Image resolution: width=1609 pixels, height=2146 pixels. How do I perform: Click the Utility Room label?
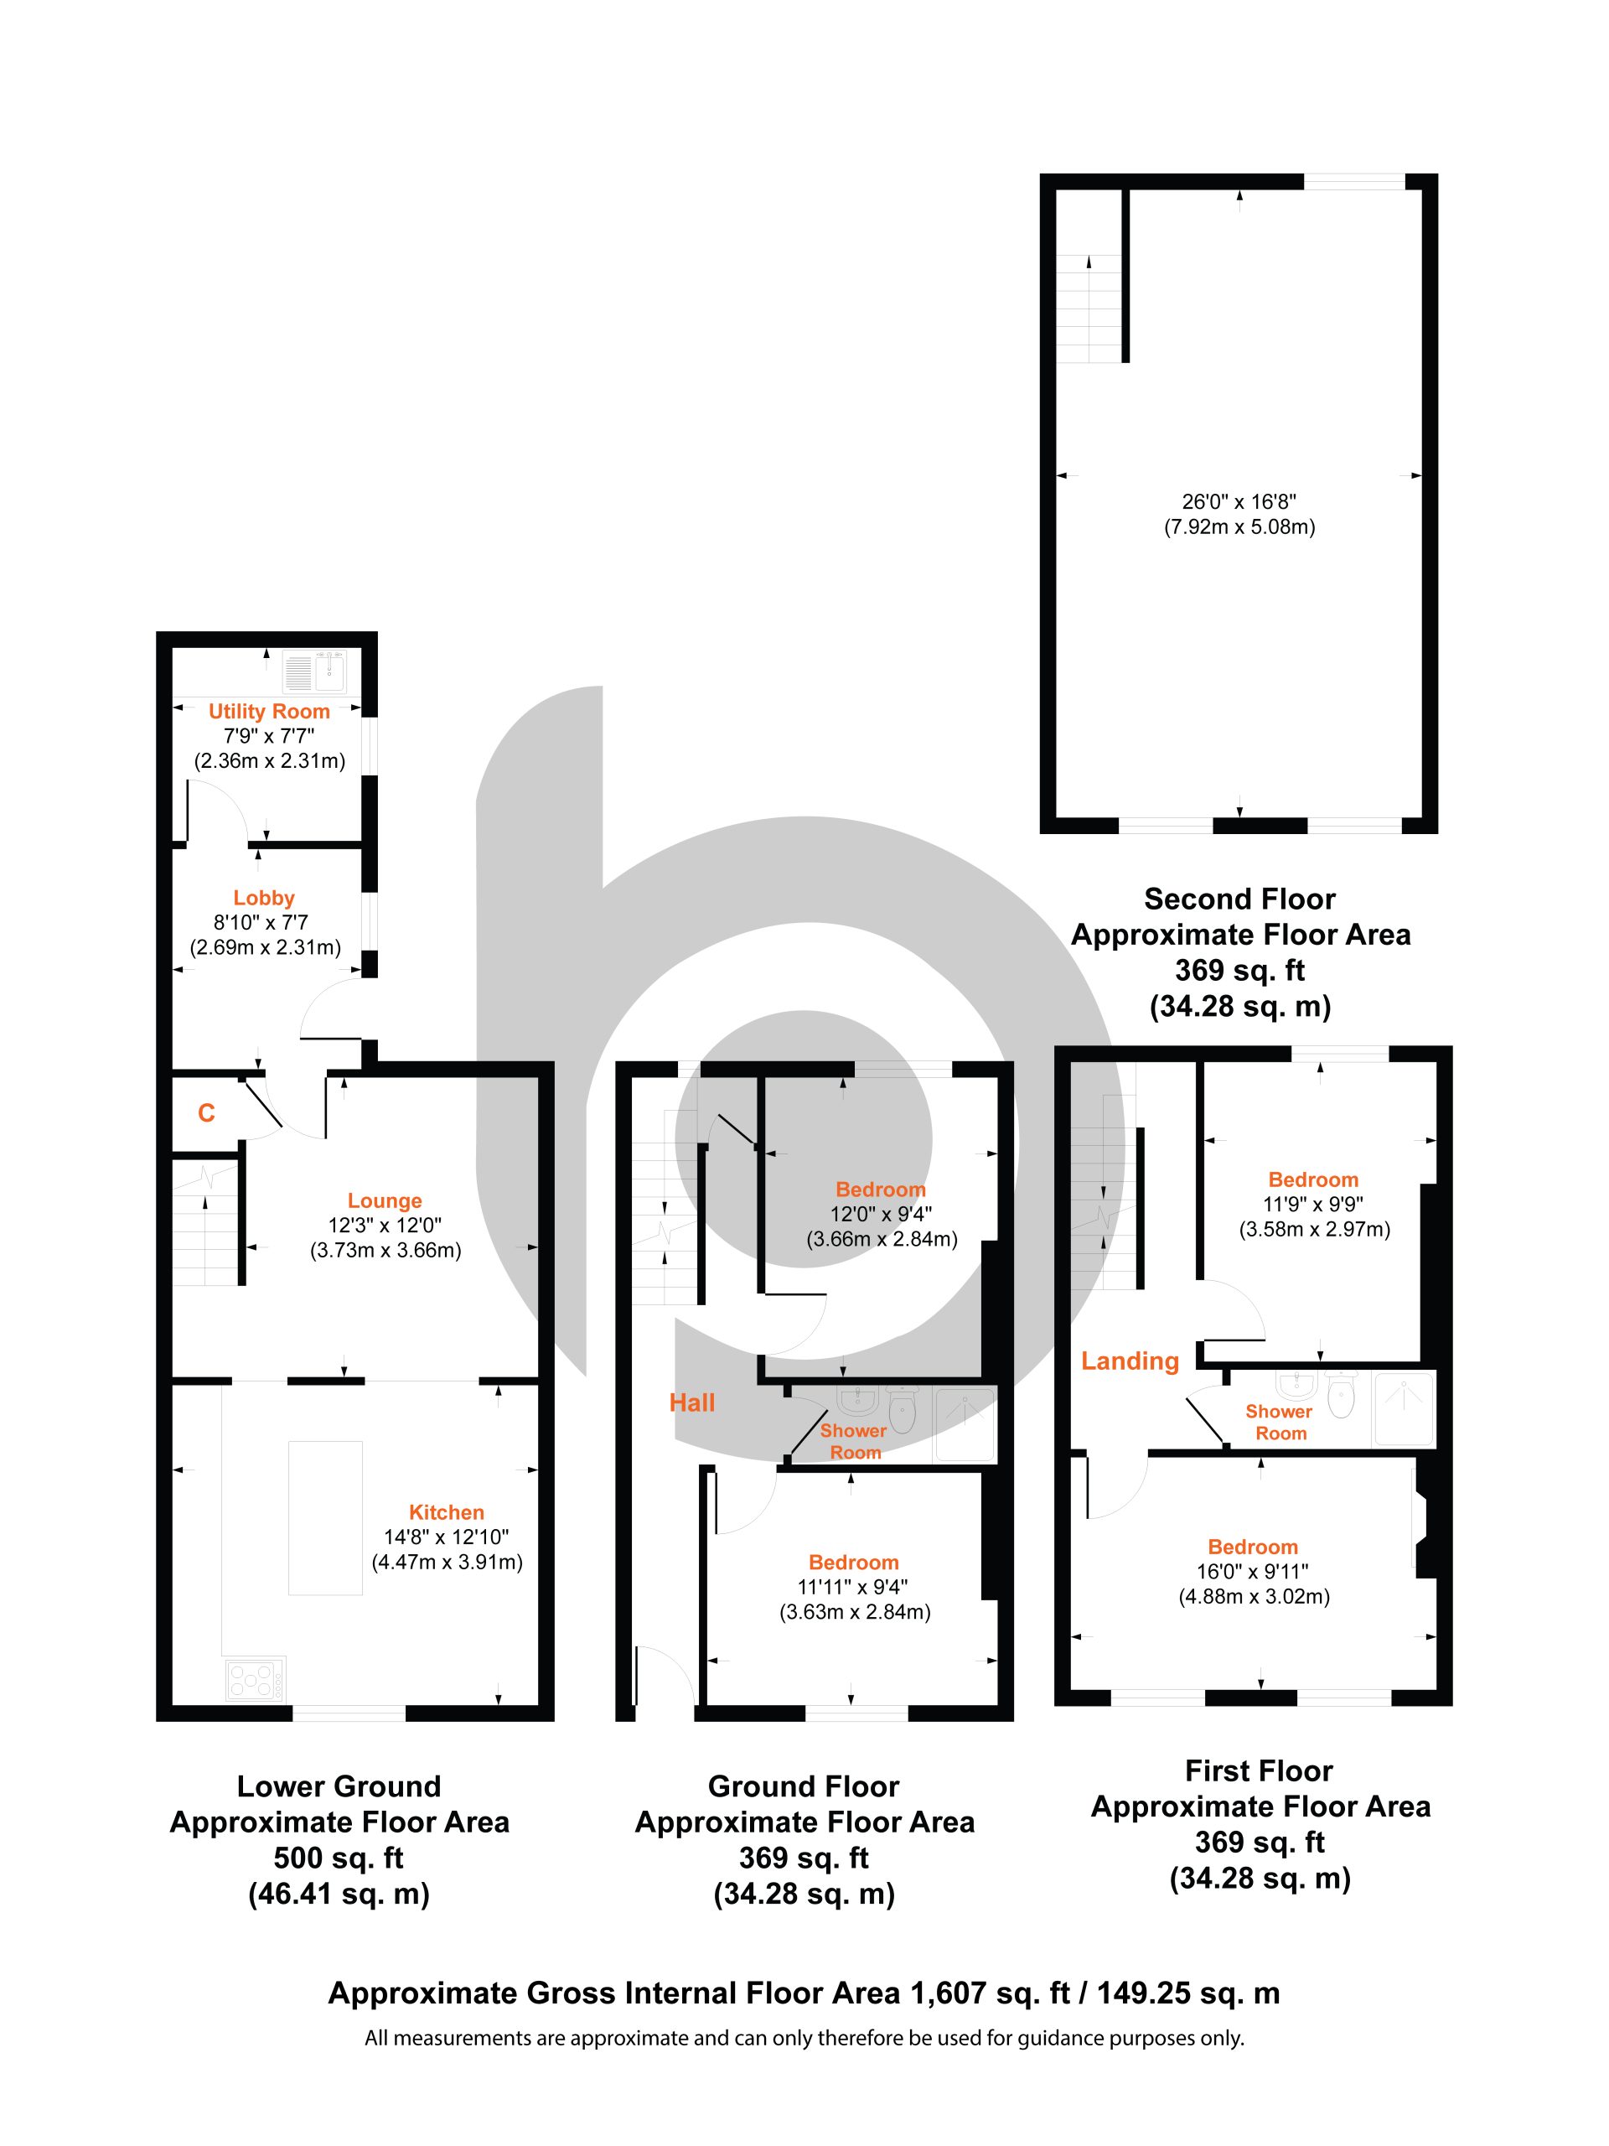pos(269,711)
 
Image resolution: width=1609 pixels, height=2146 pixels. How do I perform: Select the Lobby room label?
pos(264,898)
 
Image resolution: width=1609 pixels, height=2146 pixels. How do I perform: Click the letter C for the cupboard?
pos(207,1112)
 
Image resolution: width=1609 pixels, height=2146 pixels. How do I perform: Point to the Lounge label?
pos(385,1200)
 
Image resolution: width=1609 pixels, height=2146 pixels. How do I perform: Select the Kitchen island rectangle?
pos(325,1517)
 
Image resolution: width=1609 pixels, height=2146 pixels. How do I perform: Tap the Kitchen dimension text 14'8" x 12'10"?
pos(446,1537)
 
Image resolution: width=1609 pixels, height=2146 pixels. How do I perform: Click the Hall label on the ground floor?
pos(691,1402)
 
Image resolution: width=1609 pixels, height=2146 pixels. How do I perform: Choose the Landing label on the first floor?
pos(1130,1361)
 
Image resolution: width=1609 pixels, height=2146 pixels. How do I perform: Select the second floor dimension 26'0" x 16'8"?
pos(1239,501)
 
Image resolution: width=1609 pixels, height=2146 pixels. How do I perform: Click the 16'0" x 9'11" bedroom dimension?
pos(1253,1571)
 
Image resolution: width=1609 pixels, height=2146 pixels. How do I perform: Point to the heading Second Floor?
pos(1239,899)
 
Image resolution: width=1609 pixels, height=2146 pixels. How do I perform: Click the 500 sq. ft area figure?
pos(339,1858)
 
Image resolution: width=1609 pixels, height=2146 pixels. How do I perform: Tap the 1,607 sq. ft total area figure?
pos(989,1993)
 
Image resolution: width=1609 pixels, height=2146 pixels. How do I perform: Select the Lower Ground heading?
pos(339,1786)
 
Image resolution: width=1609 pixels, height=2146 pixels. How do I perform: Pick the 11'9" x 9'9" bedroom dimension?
pos(1314,1204)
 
